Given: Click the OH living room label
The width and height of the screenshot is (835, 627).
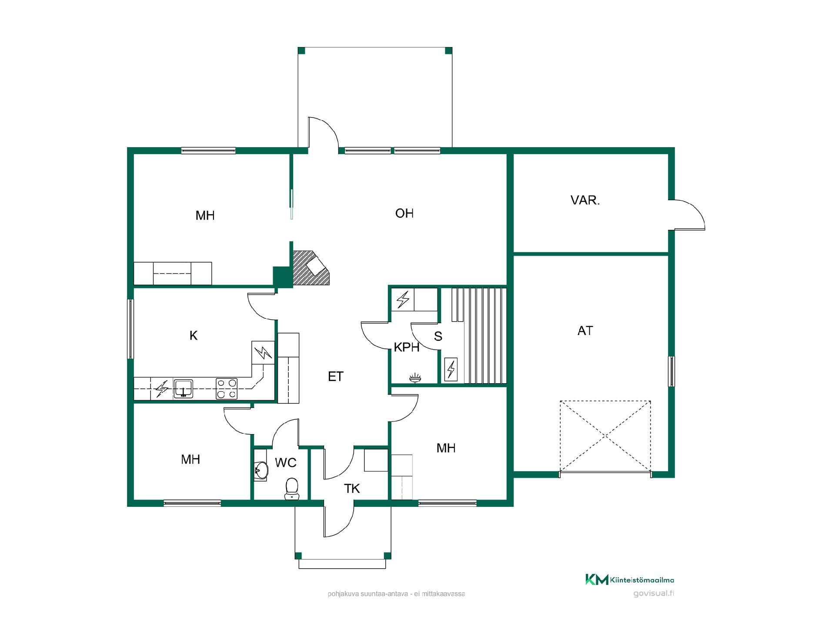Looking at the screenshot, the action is [x=404, y=213].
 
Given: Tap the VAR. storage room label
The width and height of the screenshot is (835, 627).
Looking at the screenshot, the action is [x=585, y=200].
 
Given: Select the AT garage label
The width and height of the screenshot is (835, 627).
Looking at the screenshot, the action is [x=585, y=331].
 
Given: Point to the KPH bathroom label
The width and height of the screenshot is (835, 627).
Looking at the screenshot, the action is [x=407, y=347].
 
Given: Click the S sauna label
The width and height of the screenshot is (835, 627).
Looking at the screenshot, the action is [x=438, y=336].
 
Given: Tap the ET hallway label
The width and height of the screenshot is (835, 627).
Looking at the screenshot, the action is [x=336, y=377].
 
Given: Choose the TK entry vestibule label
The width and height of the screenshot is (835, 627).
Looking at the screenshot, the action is [x=352, y=489].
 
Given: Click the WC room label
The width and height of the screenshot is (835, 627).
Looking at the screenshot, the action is [x=286, y=462].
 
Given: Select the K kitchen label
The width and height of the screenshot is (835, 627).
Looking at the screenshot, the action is [x=194, y=335].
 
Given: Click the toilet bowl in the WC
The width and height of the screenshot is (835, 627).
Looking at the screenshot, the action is [x=292, y=489].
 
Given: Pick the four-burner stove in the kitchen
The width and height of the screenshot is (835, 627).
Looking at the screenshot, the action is [x=227, y=389].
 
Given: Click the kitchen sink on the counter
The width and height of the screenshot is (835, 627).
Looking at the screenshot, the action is [x=184, y=388].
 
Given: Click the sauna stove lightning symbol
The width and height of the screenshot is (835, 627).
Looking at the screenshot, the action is [x=451, y=370].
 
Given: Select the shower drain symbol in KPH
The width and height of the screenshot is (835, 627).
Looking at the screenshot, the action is [x=415, y=378].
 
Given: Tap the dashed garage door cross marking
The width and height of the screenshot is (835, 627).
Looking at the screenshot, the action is [x=605, y=436].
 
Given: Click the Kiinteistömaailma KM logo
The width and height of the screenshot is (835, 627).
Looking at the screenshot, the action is [x=630, y=580].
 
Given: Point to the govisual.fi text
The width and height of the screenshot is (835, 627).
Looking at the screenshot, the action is [x=654, y=593].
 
